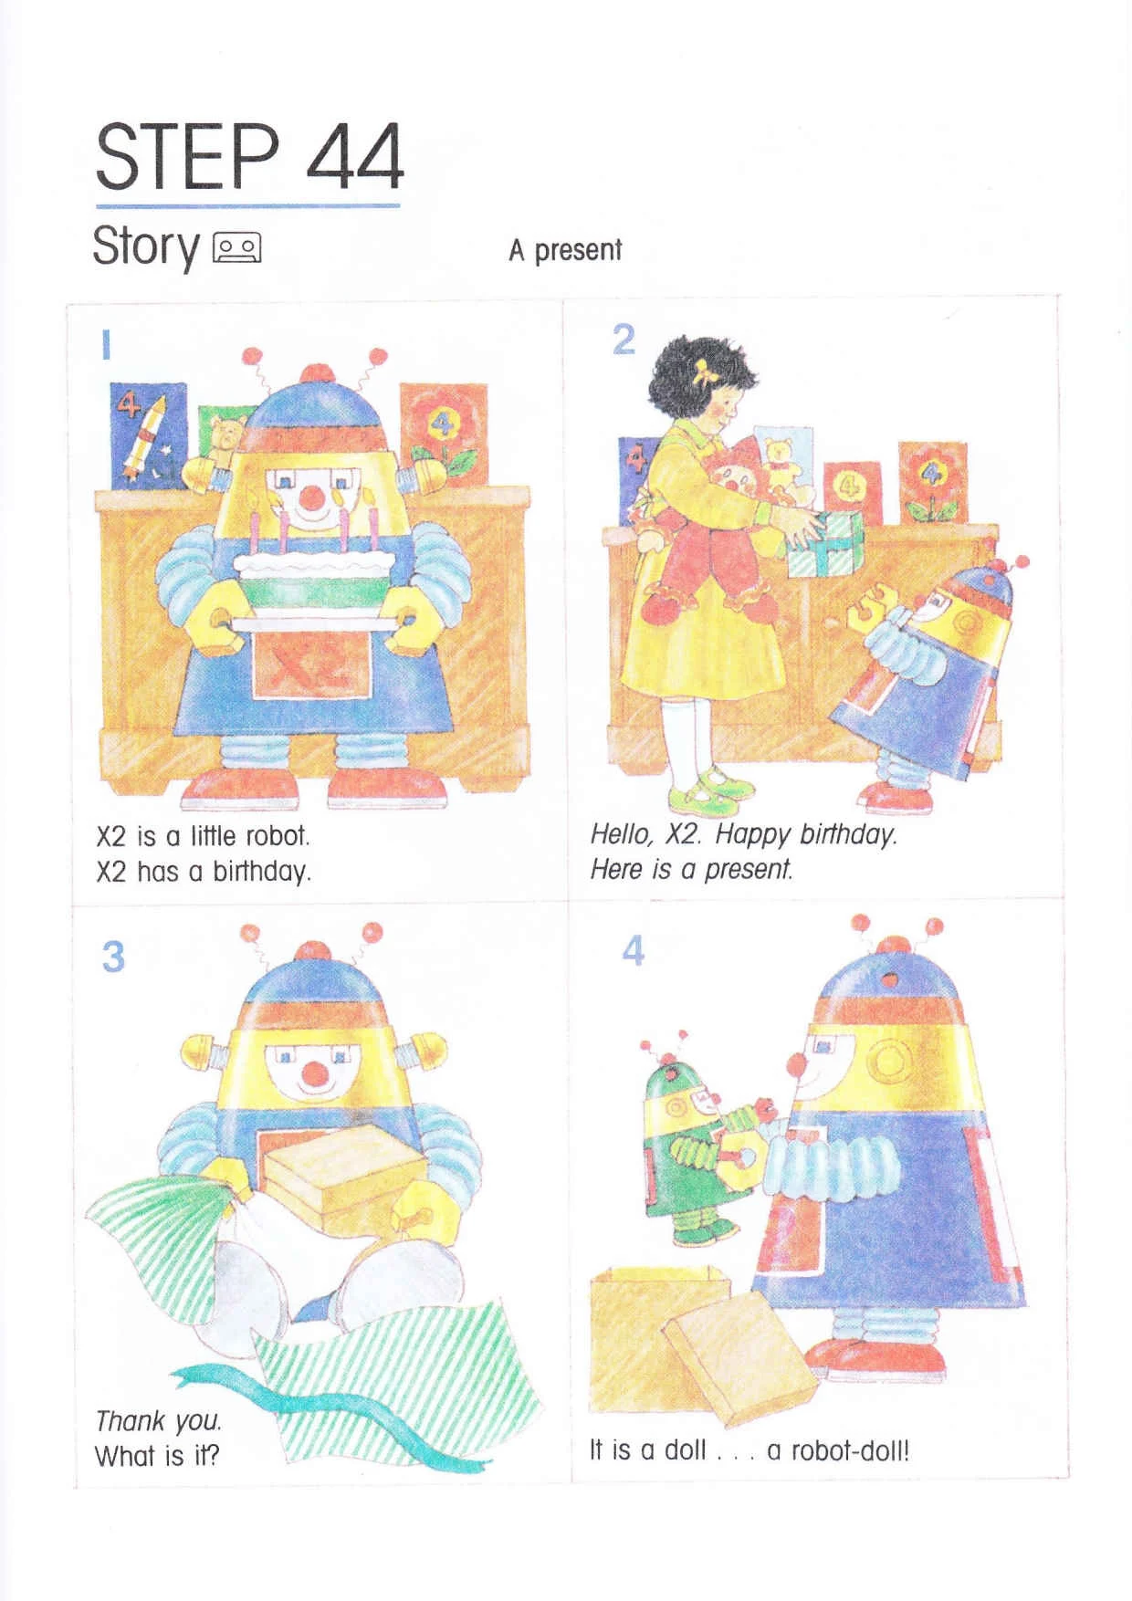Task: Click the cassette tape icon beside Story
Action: (x=237, y=247)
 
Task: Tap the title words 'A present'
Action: (x=565, y=250)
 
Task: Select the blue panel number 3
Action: (x=113, y=957)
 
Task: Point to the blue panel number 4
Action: (x=634, y=950)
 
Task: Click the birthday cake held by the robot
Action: (x=315, y=575)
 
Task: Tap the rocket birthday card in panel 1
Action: (x=148, y=435)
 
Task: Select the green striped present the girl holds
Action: (x=823, y=542)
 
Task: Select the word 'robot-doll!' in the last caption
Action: (x=850, y=1449)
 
